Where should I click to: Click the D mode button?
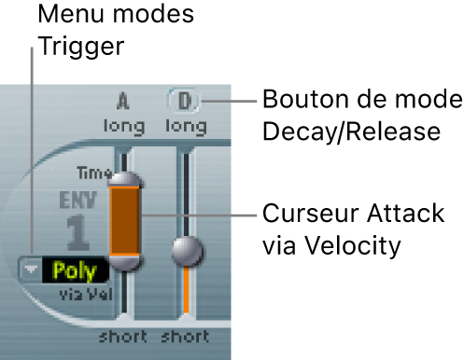183,100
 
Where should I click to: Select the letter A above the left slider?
122,100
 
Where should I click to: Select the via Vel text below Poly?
77,294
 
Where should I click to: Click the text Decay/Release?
350,132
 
